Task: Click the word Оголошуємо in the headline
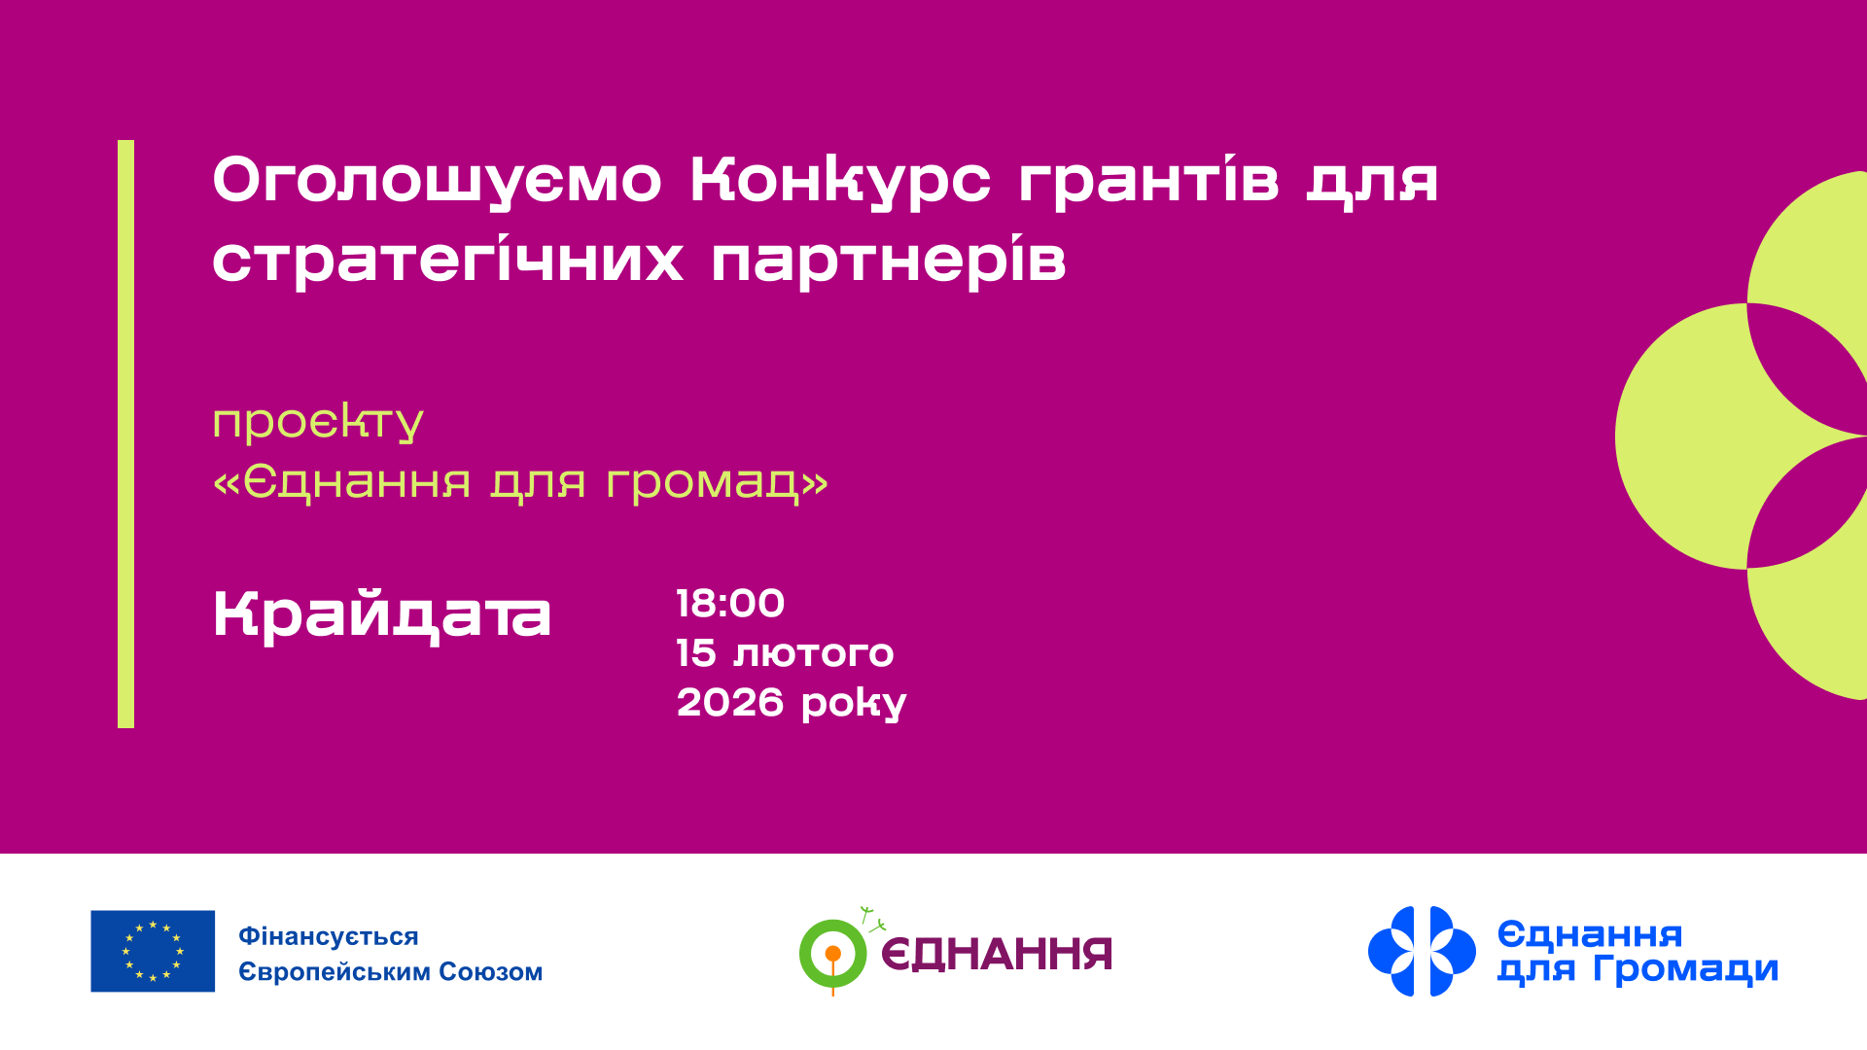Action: (x=437, y=181)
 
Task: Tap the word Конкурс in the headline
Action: (x=840, y=181)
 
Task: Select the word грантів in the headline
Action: (x=1147, y=181)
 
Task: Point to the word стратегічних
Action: (x=447, y=261)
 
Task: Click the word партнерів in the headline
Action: (x=888, y=261)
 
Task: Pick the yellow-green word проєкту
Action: (x=318, y=421)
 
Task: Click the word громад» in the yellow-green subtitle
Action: (x=717, y=481)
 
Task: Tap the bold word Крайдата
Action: (x=382, y=615)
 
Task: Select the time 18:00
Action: (x=730, y=604)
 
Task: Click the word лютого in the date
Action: (x=813, y=653)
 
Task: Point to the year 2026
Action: (x=729, y=703)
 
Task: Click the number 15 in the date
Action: (x=696, y=653)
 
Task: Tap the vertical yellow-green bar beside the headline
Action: (x=125, y=434)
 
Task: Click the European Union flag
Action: (x=153, y=951)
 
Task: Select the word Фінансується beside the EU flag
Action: (x=329, y=936)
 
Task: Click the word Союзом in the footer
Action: (x=490, y=971)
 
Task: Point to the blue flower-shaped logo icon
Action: (x=1422, y=951)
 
